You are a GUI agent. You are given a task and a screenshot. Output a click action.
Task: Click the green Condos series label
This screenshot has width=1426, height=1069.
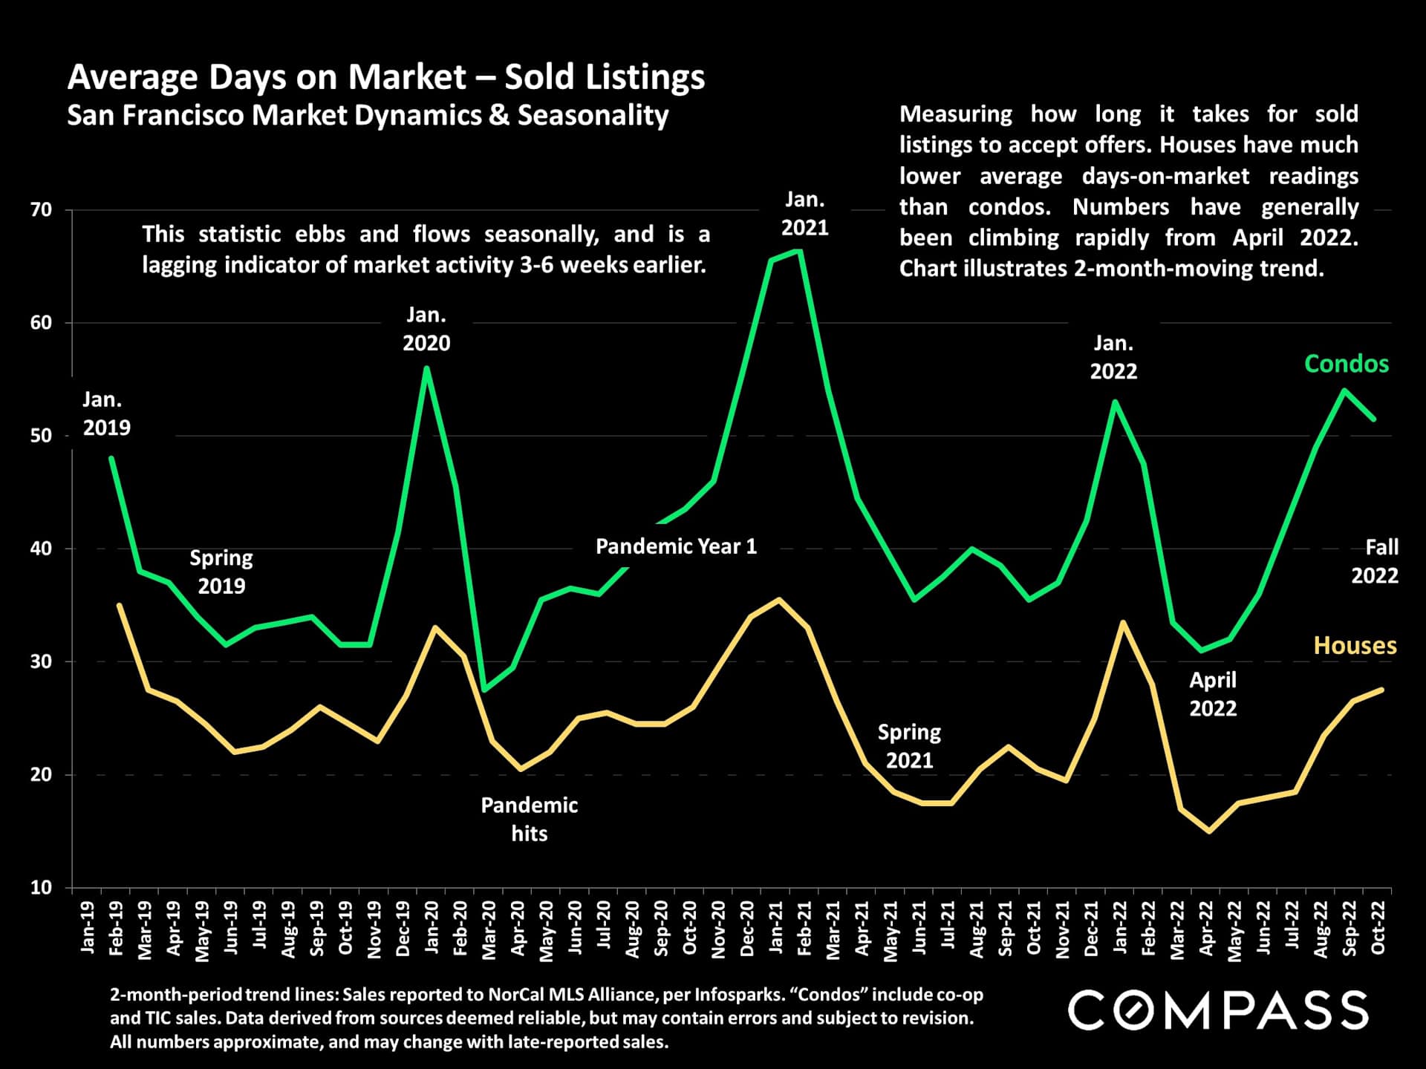tap(1346, 364)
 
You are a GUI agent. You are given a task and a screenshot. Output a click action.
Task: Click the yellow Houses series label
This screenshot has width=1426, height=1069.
tap(1355, 646)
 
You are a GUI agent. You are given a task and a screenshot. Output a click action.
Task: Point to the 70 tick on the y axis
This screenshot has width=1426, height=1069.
tap(42, 210)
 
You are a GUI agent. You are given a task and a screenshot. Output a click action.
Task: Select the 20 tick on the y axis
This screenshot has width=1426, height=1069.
tap(42, 774)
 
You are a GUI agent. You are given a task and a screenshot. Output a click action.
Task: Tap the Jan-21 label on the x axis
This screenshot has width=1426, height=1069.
tap(776, 928)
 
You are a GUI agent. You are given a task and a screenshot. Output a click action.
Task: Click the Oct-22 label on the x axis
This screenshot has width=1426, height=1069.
tap(1378, 928)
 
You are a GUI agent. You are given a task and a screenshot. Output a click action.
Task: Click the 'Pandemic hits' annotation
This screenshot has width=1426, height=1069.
tap(529, 819)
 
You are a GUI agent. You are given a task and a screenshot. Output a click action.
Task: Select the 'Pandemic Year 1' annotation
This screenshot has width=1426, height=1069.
tap(676, 547)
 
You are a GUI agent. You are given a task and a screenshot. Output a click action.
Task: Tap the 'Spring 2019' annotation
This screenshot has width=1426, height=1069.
tap(221, 572)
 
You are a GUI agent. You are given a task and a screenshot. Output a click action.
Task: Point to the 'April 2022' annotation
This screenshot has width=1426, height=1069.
tap(1213, 694)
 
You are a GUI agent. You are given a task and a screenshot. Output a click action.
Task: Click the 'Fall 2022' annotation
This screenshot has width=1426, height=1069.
tap(1375, 561)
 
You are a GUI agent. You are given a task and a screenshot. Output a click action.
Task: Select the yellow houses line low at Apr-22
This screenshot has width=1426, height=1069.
tap(1209, 831)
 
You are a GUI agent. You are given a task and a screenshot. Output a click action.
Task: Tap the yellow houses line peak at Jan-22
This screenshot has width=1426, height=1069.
tap(1123, 622)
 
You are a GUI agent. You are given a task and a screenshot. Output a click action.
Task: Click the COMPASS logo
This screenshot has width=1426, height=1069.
tap(1218, 1010)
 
